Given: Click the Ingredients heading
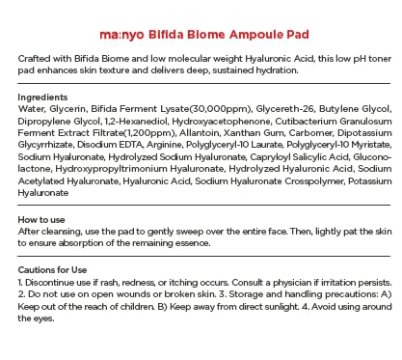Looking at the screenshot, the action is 42,97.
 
